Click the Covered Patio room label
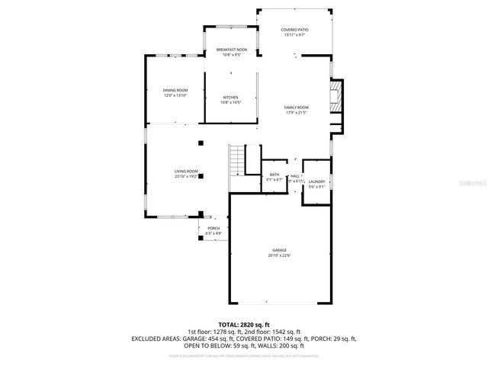point(294,29)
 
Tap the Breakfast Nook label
point(231,50)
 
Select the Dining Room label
point(175,90)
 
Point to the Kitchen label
point(230,97)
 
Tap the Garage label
point(280,250)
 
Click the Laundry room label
point(316,181)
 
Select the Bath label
point(274,175)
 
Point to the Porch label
point(213,228)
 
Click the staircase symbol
point(238,160)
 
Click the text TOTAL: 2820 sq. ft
point(243,325)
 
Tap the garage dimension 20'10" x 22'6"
point(280,255)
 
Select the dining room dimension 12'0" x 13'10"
point(175,95)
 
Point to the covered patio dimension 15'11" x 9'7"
point(294,34)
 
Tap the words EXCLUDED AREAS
point(157,338)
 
